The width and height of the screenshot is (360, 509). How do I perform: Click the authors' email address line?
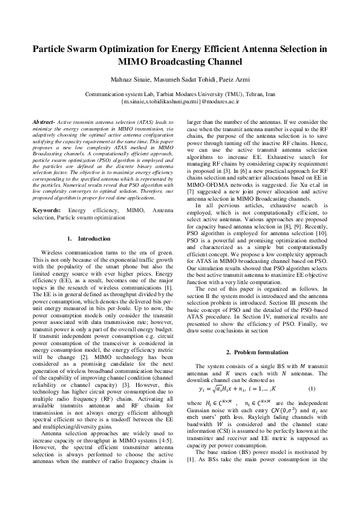180,102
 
